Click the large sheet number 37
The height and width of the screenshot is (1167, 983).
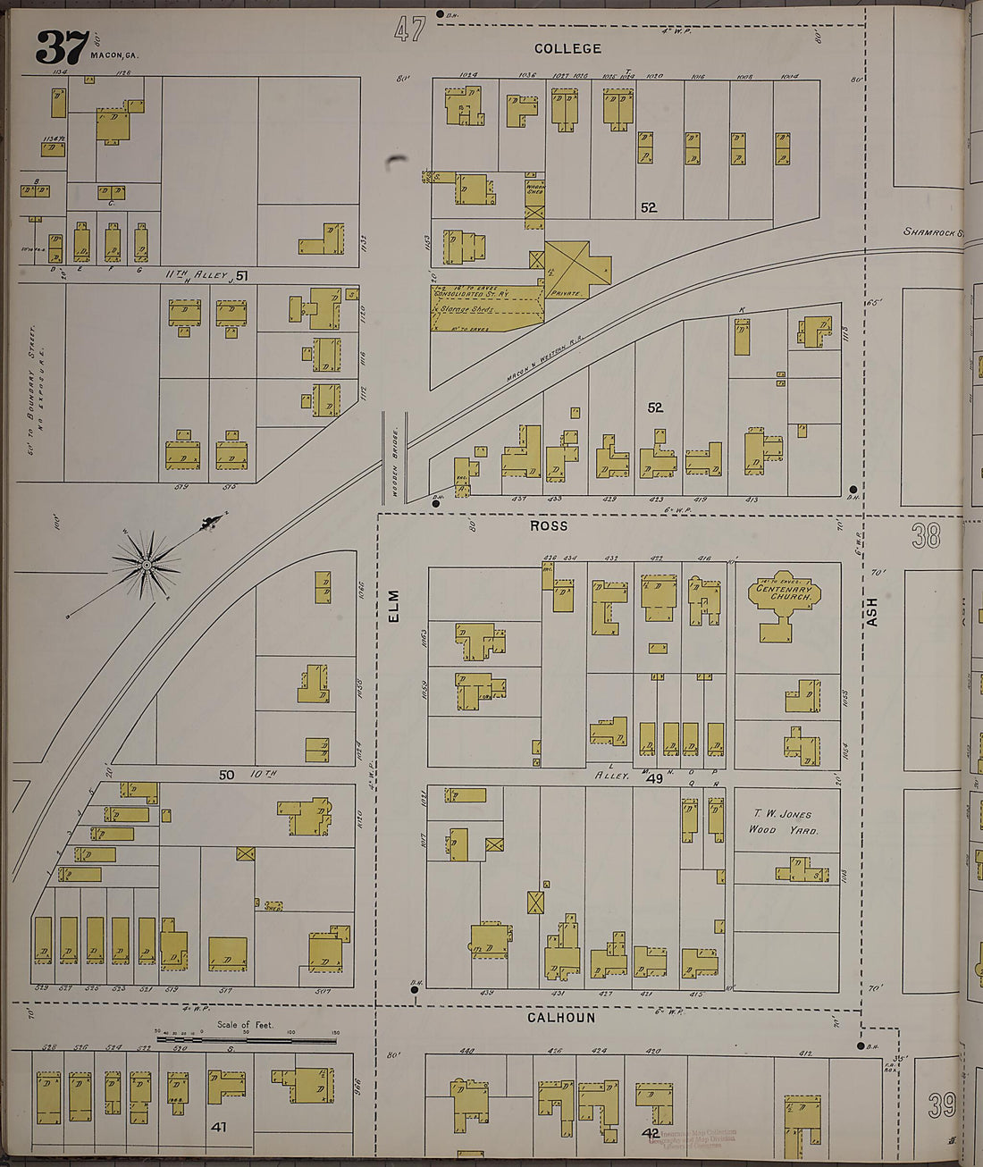[x=62, y=46]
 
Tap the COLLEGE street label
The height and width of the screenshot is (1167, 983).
[x=567, y=48]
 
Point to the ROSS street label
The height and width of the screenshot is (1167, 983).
[x=548, y=526]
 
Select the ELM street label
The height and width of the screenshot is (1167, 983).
[x=394, y=606]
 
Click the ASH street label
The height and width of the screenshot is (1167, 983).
[x=872, y=611]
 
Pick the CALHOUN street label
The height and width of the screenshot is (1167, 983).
[x=560, y=1018]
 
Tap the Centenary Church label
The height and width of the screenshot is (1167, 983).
[x=784, y=592]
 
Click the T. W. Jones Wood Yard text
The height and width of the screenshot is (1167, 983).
[x=783, y=821]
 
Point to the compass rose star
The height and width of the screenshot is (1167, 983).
[x=146, y=564]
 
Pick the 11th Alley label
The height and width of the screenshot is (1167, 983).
[x=196, y=275]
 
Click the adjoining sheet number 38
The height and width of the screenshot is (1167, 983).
[x=927, y=536]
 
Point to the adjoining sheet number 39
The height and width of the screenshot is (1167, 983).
[x=942, y=1105]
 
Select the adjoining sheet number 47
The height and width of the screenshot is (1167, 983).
[x=409, y=30]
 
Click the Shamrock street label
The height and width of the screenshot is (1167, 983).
[x=933, y=232]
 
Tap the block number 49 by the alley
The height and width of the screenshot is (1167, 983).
[x=655, y=779]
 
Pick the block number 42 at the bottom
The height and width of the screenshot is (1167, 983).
[x=651, y=1133]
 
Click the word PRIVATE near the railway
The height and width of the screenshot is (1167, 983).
[x=567, y=292]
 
